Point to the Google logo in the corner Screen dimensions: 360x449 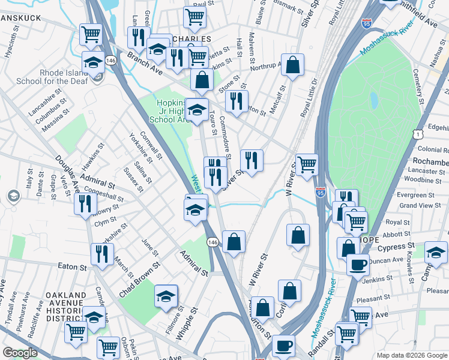20,353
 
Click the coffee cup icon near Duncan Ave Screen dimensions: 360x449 358,264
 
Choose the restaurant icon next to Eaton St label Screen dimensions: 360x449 101,254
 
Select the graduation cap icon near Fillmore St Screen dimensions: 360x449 166,296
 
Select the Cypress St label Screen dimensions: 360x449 396,246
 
